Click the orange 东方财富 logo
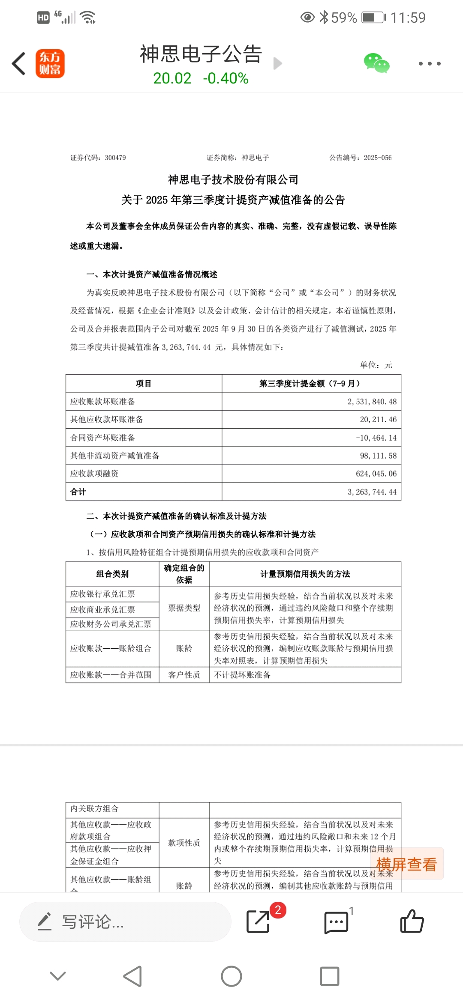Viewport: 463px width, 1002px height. (50, 64)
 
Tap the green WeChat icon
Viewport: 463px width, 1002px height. (376, 63)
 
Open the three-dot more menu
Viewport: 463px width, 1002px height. (429, 64)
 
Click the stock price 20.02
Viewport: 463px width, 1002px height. (172, 78)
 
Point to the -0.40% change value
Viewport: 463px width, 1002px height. (225, 78)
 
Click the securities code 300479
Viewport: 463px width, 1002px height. (115, 158)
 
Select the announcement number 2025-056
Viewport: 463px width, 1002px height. (377, 158)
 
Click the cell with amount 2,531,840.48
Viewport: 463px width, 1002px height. (372, 402)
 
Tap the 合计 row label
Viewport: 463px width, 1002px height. (78, 492)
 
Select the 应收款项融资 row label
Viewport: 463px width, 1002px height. (94, 474)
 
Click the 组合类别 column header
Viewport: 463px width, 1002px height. (112, 574)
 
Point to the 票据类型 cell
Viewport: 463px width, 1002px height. (184, 608)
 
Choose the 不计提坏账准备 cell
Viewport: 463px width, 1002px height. (242, 675)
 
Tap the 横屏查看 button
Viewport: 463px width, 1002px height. (406, 864)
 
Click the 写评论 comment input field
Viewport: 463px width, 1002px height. (125, 921)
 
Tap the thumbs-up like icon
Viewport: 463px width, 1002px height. (412, 921)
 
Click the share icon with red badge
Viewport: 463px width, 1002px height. (259, 921)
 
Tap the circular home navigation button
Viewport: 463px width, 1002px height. (231, 977)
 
